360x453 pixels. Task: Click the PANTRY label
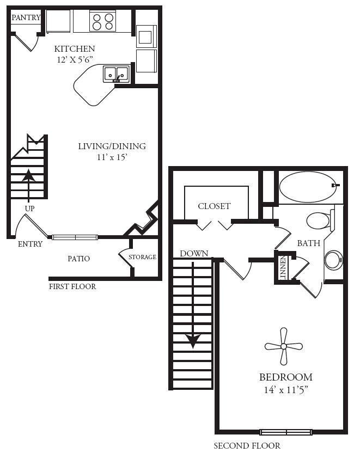click(26, 17)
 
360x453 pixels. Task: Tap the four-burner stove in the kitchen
click(103, 22)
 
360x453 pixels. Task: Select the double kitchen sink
click(116, 74)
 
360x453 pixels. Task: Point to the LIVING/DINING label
click(112, 146)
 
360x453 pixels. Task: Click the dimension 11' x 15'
click(112, 157)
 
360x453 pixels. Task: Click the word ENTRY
click(30, 244)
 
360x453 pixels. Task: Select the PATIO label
click(79, 259)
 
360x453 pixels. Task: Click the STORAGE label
click(143, 257)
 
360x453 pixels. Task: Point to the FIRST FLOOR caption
click(72, 286)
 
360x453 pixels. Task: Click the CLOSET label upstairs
click(214, 206)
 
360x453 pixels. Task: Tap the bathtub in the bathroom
click(307, 187)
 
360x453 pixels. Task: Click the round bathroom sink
click(333, 260)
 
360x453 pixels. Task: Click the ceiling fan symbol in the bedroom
click(283, 346)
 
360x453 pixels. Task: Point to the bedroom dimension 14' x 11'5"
click(285, 389)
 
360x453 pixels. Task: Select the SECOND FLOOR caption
click(247, 445)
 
